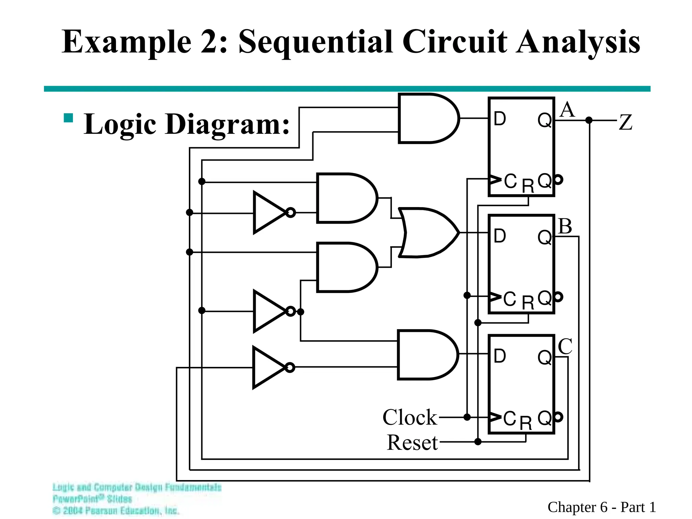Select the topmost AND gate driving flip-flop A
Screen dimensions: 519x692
click(x=428, y=118)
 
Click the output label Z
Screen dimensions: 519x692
click(x=625, y=122)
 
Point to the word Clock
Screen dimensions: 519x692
click(x=410, y=417)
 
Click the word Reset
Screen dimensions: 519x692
click(x=412, y=443)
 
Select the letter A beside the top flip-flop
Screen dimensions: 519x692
click(x=567, y=110)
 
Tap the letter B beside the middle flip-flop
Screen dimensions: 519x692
click(x=565, y=226)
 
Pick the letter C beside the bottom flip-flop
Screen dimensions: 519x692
click(x=565, y=346)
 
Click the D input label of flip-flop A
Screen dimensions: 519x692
click(x=500, y=119)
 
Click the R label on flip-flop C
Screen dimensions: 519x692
click(x=526, y=423)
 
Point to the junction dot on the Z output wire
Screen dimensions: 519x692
click(x=589, y=120)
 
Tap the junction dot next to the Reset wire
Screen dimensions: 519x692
click(x=478, y=442)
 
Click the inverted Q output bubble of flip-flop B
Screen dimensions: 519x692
click(x=559, y=297)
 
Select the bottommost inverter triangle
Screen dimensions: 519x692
click(x=269, y=368)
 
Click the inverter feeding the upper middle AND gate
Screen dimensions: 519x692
click(x=270, y=213)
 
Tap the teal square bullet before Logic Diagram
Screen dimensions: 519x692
click(x=69, y=118)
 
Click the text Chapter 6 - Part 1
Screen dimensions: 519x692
click(x=601, y=507)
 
